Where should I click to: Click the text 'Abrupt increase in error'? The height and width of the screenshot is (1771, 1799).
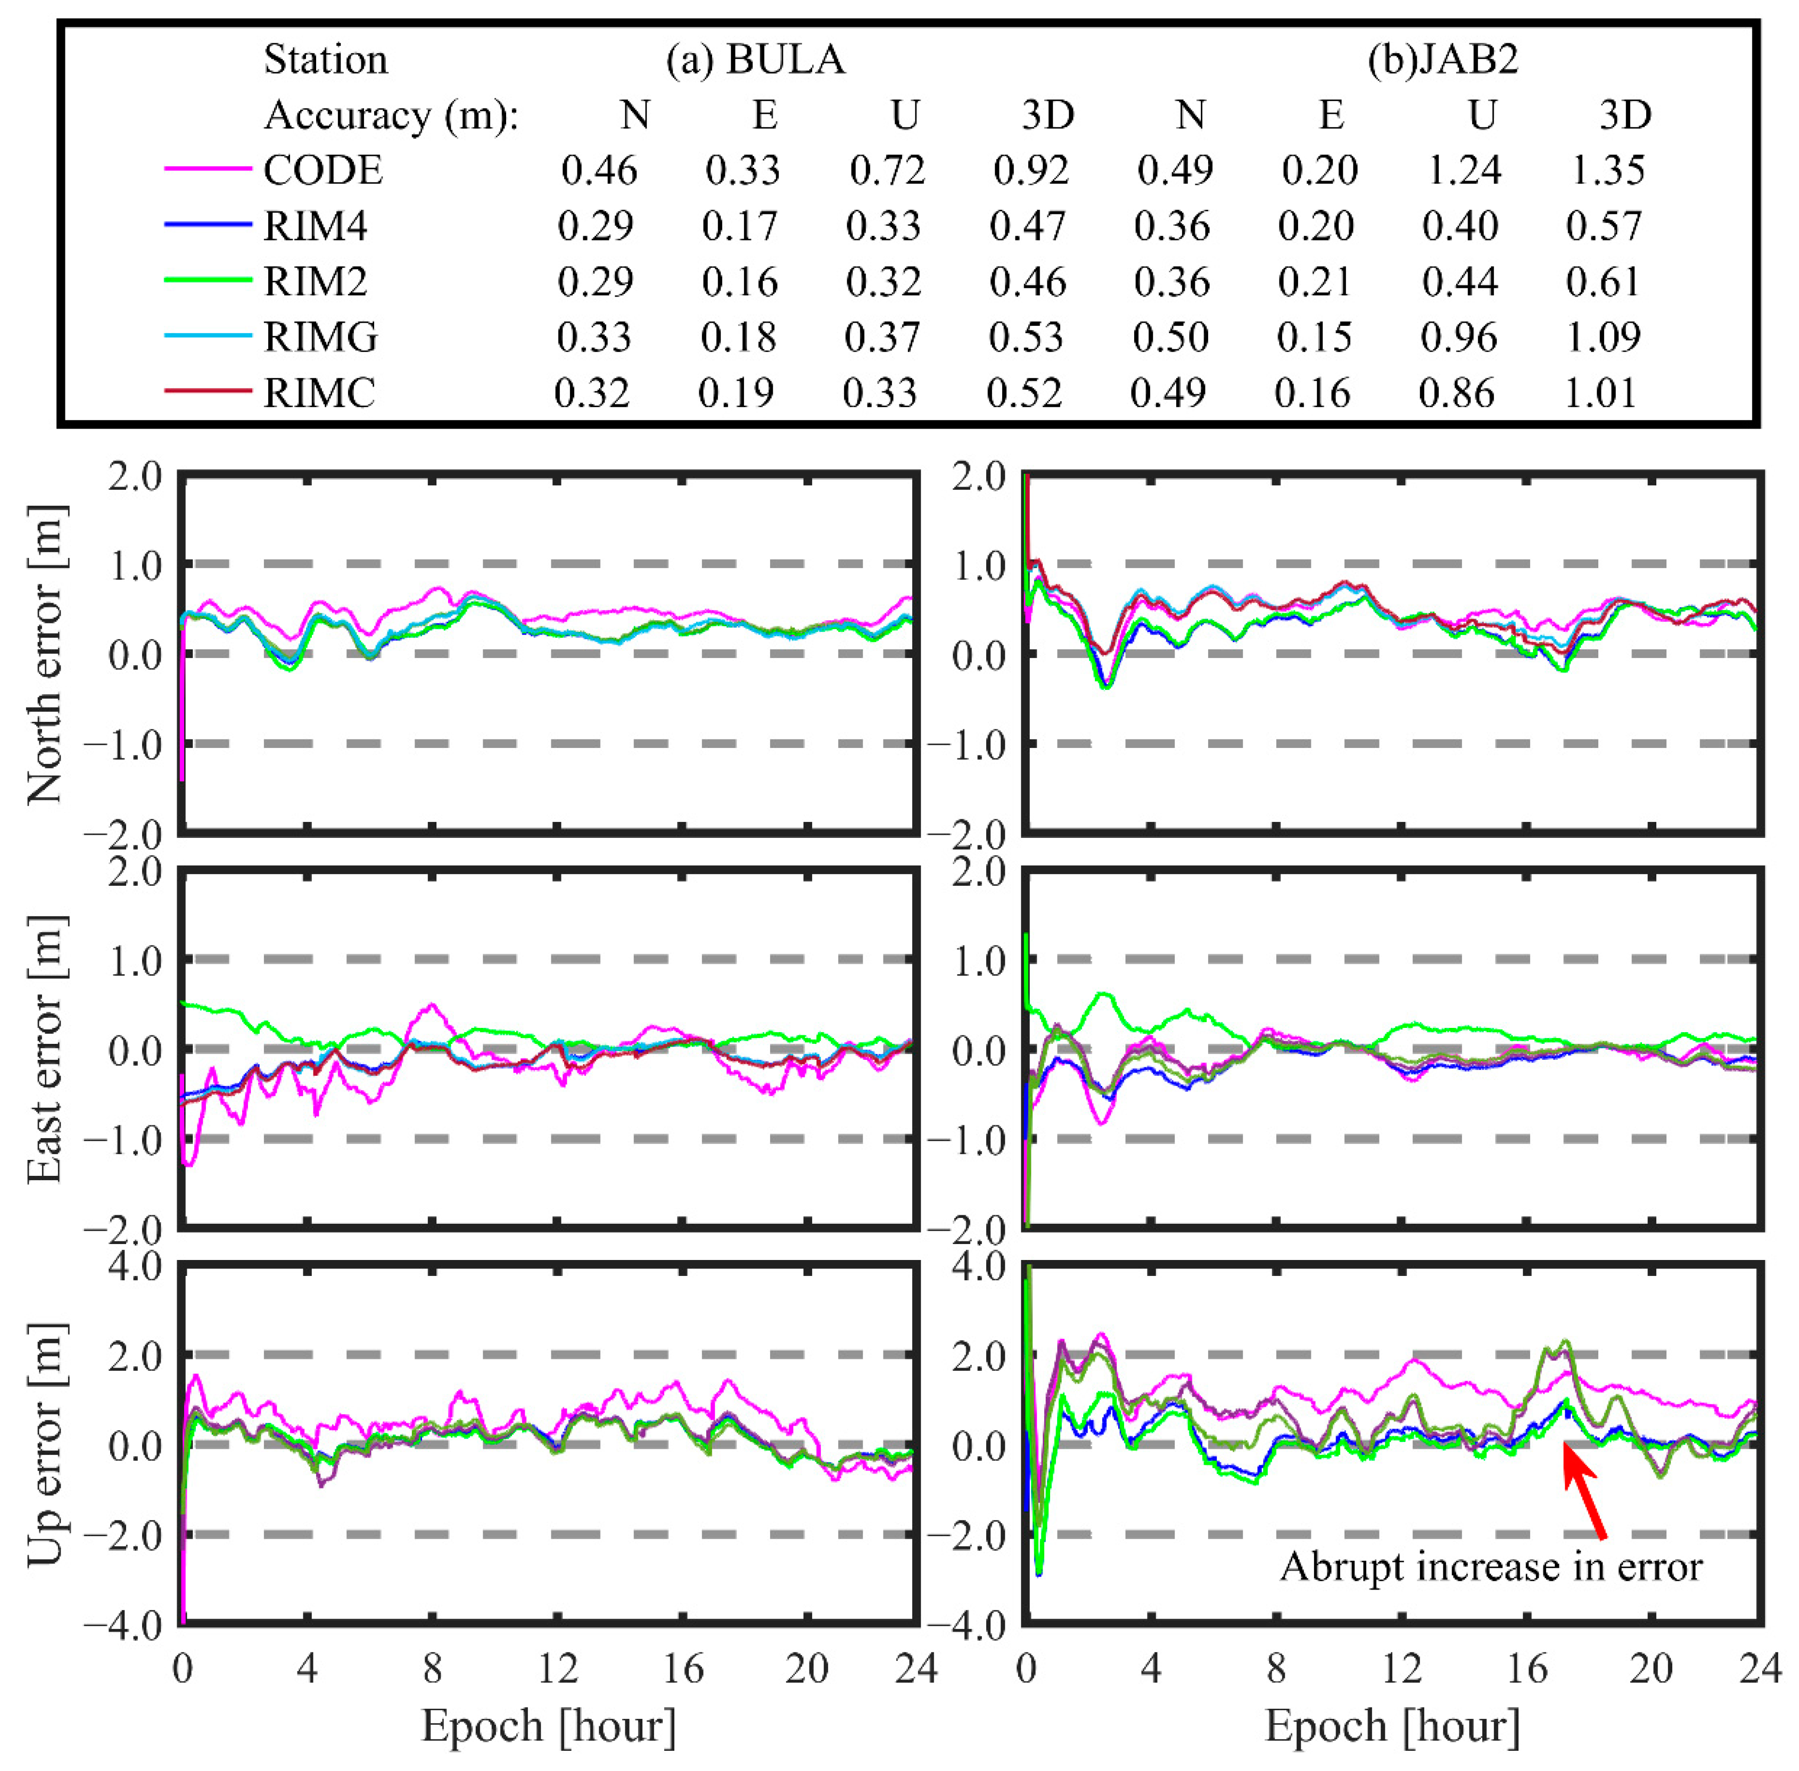point(1490,1567)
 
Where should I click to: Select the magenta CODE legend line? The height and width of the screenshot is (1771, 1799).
point(208,169)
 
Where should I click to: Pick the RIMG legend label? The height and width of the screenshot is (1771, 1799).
point(321,337)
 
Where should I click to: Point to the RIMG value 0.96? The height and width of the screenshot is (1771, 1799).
point(1458,337)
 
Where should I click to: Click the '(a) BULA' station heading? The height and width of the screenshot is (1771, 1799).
point(755,60)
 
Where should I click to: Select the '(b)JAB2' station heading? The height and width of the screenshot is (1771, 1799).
point(1443,60)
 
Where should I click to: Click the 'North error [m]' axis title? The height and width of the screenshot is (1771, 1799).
point(45,654)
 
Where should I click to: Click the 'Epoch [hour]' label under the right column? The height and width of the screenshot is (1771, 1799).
point(1392,1726)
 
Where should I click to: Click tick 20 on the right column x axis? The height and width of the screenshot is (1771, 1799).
point(1651,1670)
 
